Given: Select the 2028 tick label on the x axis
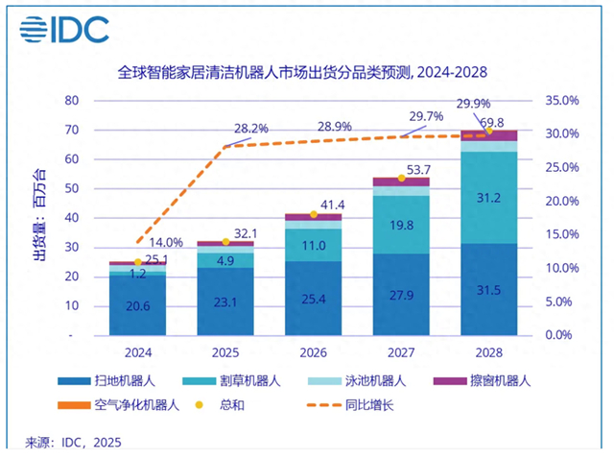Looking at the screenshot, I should point(489,351).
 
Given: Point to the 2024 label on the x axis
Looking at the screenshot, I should point(136,351).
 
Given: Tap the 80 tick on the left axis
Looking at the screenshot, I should point(71,101).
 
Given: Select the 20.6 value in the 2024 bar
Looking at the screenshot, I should point(136,306).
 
